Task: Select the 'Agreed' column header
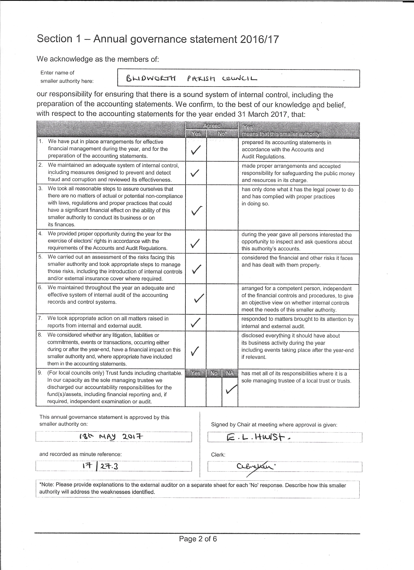(212, 126)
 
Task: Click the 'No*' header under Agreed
(222, 134)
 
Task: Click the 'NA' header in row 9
(230, 373)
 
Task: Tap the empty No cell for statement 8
(222, 350)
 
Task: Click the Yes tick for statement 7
(196, 322)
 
